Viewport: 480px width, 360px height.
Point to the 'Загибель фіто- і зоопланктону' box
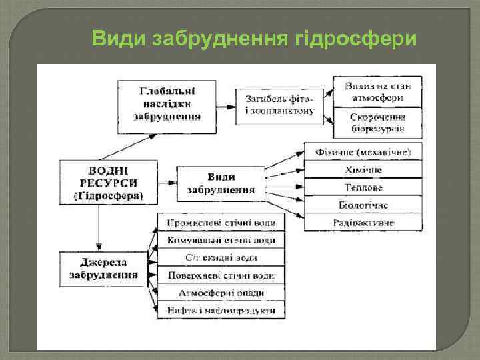279,104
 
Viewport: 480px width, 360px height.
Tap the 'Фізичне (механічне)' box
363,152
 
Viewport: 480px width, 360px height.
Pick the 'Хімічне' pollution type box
363,170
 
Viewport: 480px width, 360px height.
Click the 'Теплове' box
363,187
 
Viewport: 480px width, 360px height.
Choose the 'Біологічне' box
363,205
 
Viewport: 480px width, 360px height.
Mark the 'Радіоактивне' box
363,223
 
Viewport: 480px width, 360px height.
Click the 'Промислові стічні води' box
221,223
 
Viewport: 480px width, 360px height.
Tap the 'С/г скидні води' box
221,258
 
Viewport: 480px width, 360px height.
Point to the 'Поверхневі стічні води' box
221,275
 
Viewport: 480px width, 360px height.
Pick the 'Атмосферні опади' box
221,293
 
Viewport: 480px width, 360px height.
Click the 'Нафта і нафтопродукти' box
221,310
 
